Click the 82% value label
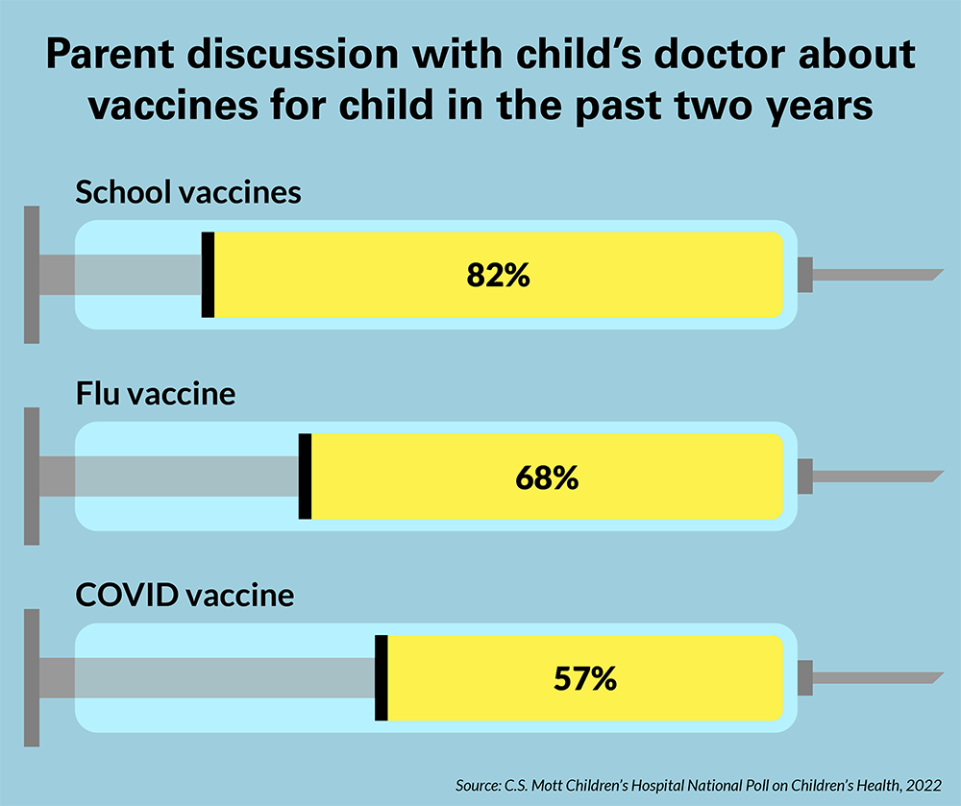click(498, 276)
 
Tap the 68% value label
click(547, 477)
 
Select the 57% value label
click(584, 679)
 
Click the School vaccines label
click(188, 192)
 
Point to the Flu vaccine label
click(156, 394)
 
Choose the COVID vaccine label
click(185, 596)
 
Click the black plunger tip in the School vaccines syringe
click(208, 275)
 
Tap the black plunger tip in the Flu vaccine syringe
click(306, 476)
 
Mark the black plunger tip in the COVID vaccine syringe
click(381, 678)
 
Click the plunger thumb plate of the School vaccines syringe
click(32, 275)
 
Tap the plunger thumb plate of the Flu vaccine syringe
click(32, 476)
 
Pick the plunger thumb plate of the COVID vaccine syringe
click(32, 678)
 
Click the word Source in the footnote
click(479, 786)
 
